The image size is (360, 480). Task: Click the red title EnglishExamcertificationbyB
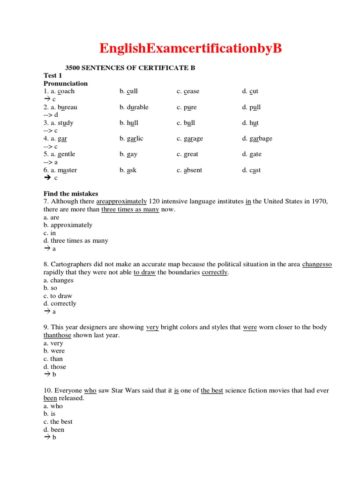point(190,48)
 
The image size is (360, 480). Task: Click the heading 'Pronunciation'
point(66,83)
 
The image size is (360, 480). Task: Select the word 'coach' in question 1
point(66,91)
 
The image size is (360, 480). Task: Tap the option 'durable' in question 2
point(137,107)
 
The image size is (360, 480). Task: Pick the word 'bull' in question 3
point(189,123)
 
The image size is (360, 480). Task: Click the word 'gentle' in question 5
point(66,154)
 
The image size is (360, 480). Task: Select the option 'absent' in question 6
point(193,170)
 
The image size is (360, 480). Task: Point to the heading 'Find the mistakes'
point(71,194)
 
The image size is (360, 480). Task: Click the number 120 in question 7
point(155,202)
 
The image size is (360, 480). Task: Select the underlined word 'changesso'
point(317,264)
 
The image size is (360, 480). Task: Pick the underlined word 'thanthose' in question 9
point(57,335)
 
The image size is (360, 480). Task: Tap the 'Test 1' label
point(53,75)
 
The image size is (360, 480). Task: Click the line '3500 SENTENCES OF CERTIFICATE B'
point(130,68)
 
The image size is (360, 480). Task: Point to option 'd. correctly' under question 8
point(60,303)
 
